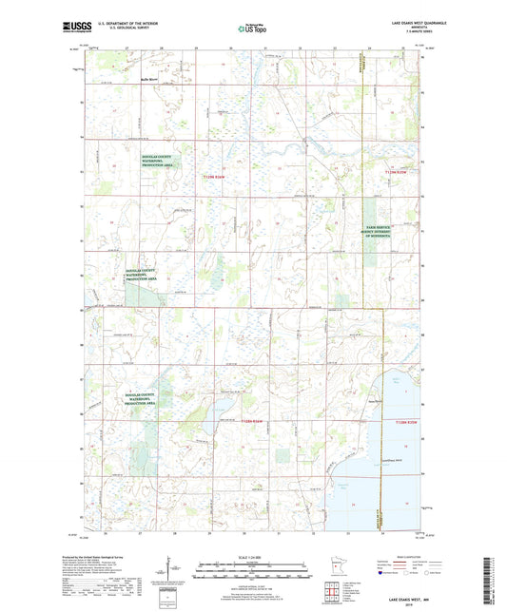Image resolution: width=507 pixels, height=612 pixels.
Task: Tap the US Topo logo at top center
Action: point(246,29)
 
